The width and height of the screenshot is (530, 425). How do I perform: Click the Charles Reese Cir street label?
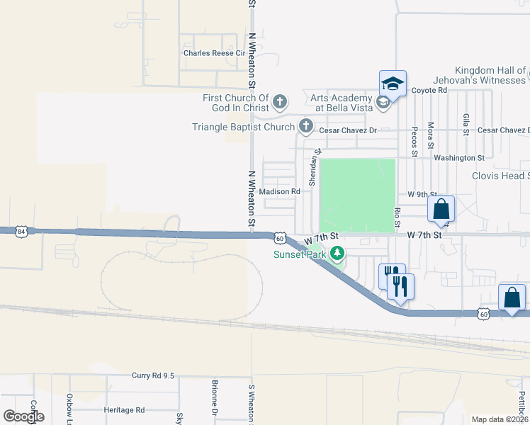click(213, 53)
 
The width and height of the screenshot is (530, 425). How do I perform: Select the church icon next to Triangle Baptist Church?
click(306, 127)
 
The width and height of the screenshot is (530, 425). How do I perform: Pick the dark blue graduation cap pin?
click(393, 84)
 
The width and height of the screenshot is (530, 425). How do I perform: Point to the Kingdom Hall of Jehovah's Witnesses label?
click(490, 76)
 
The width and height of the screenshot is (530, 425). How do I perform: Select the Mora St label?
click(431, 135)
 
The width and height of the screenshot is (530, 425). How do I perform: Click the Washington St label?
click(459, 158)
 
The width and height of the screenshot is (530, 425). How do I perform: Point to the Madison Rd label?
click(280, 192)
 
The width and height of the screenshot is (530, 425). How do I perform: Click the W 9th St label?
click(422, 194)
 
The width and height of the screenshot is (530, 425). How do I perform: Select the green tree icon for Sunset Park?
click(338, 253)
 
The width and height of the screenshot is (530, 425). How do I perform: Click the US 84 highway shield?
click(23, 232)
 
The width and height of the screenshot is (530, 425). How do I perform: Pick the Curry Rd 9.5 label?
click(153, 376)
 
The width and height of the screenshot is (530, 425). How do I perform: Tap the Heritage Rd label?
click(124, 410)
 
